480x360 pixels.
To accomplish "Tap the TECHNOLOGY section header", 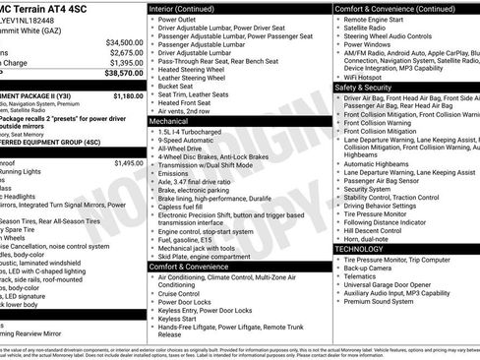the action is click(x=358, y=249).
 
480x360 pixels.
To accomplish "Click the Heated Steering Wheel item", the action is click(x=197, y=70).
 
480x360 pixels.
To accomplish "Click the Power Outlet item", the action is click(x=180, y=19).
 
